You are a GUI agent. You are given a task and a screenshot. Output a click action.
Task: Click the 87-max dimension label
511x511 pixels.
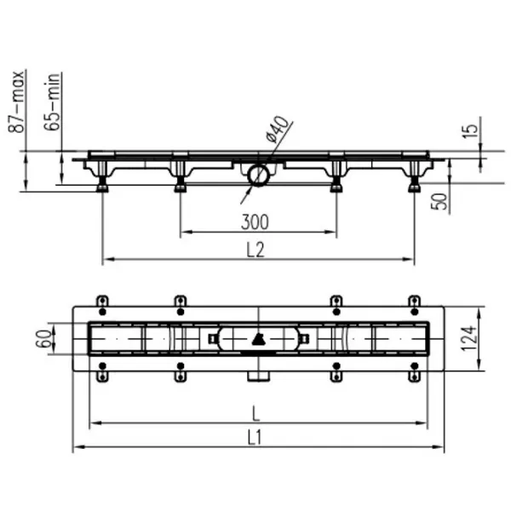(16, 101)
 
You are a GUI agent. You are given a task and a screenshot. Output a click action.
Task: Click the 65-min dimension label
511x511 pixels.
(52, 101)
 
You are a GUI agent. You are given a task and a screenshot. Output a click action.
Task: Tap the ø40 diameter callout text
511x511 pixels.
(278, 129)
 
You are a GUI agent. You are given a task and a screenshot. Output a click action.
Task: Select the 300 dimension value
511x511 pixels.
(255, 222)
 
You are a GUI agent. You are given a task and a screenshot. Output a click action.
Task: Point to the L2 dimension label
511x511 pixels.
(255, 250)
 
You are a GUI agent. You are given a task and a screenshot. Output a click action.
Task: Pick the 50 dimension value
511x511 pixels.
(439, 201)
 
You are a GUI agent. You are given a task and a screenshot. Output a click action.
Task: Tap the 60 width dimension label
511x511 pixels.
(43, 339)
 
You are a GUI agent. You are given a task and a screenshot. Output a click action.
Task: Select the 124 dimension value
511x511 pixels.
(469, 338)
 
